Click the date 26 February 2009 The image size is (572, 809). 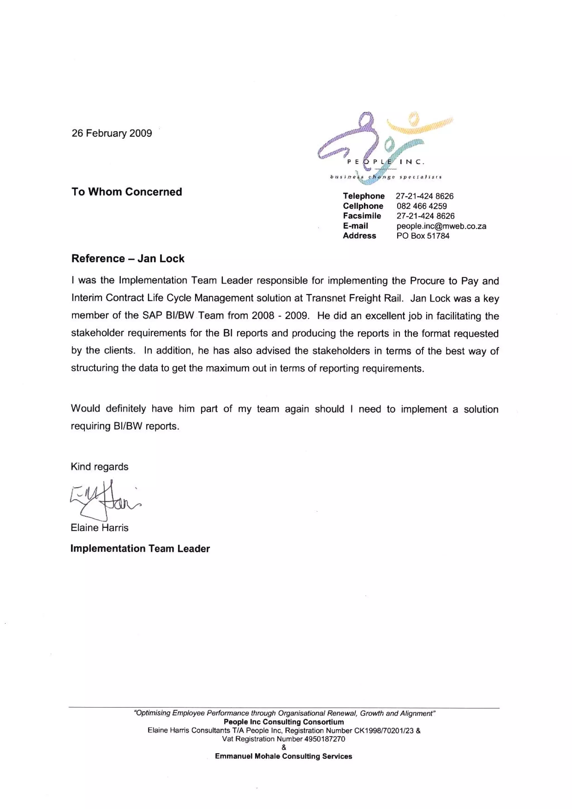click(x=112, y=133)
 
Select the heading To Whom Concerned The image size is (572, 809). click(x=127, y=192)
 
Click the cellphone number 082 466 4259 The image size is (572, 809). click(x=421, y=206)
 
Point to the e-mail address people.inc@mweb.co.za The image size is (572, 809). click(x=441, y=226)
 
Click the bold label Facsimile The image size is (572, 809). click(x=362, y=216)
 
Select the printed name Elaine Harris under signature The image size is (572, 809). click(x=99, y=528)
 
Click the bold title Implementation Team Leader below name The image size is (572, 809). click(x=140, y=549)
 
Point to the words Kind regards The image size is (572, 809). click(x=99, y=467)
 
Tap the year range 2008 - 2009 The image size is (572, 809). click(x=280, y=316)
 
